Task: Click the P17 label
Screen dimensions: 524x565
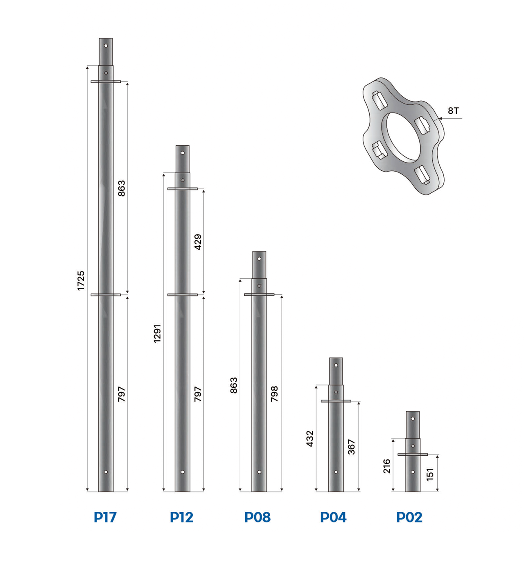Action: tap(105, 517)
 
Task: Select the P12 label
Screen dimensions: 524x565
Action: tap(181, 517)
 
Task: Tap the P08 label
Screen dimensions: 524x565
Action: tap(257, 517)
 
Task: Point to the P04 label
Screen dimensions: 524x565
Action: tap(333, 517)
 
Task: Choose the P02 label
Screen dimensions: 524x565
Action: tap(409, 517)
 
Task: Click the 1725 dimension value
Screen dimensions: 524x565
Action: tap(81, 280)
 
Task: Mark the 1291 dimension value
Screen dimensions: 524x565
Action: tap(157, 333)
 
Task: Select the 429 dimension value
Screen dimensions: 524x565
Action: tap(198, 242)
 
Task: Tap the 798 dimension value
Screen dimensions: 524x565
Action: tap(274, 394)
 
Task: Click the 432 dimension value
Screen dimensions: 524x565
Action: tap(310, 438)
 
